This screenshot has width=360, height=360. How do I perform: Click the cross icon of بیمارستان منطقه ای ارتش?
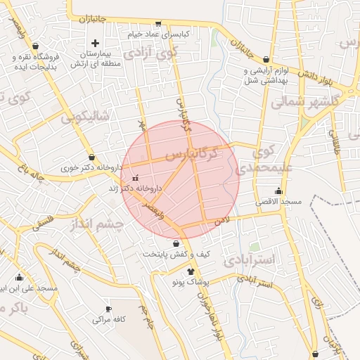96,44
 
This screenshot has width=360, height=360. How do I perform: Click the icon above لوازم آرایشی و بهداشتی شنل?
266,60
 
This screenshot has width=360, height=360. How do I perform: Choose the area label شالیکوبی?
84,118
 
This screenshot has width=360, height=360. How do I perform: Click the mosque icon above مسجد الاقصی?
279,191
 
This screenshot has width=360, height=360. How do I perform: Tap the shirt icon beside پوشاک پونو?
191,271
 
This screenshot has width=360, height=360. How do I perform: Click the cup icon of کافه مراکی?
108,309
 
